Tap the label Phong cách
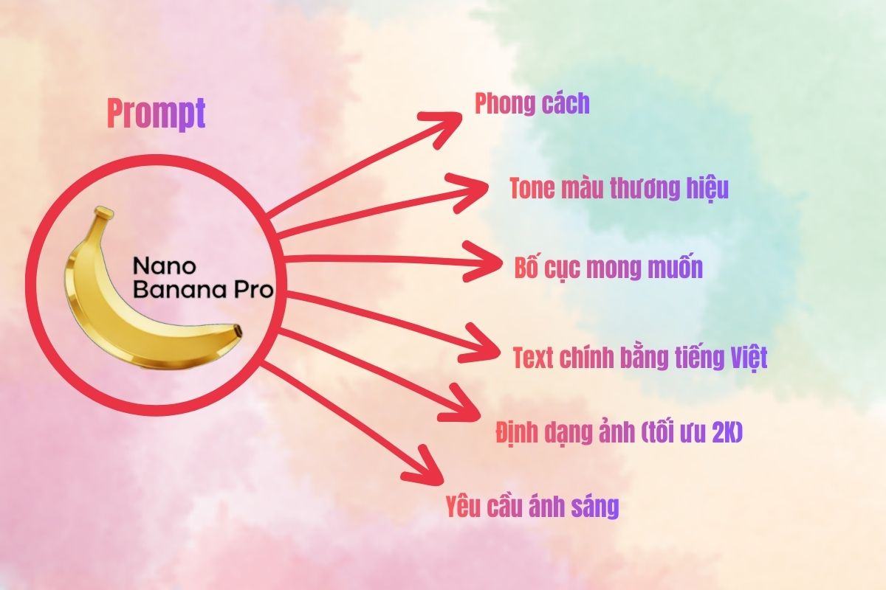click(532, 104)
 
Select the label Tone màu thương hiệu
click(619, 189)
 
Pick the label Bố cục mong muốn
click(608, 267)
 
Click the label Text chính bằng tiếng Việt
click(640, 358)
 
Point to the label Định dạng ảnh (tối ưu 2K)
click(619, 433)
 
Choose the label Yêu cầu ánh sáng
click(532, 507)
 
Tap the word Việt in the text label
click(746, 358)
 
